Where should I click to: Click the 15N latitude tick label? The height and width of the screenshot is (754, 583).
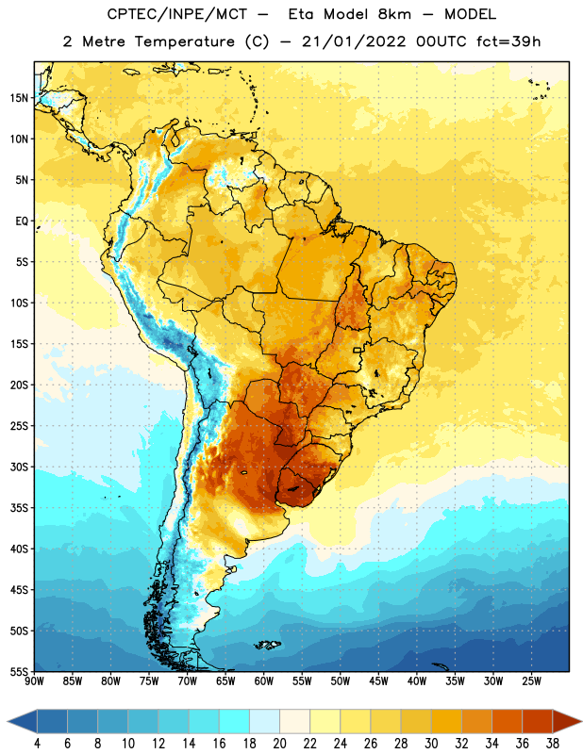19,98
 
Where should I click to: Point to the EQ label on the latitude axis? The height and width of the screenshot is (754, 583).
22,221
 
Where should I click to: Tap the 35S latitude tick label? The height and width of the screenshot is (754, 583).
19,508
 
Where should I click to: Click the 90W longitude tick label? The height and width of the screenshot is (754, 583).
34,681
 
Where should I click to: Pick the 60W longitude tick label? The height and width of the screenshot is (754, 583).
264,681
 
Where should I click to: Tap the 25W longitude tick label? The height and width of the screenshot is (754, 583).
531,681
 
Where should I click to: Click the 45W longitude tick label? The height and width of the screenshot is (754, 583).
378,681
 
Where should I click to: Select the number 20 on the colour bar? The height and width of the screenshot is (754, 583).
279,744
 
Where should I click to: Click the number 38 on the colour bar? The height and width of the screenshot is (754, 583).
553,744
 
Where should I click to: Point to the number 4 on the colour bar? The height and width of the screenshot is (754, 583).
37,744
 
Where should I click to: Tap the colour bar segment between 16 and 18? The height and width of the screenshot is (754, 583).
235,721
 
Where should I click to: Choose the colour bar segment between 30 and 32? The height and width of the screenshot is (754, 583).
447,721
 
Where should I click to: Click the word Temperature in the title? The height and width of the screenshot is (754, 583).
184,41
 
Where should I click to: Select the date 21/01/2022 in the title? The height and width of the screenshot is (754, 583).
354,41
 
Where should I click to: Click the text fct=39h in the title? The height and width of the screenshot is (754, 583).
508,41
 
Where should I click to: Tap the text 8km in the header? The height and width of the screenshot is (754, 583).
394,14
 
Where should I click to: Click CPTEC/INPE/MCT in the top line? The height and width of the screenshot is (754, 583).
176,14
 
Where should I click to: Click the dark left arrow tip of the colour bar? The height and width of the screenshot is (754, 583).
8,721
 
